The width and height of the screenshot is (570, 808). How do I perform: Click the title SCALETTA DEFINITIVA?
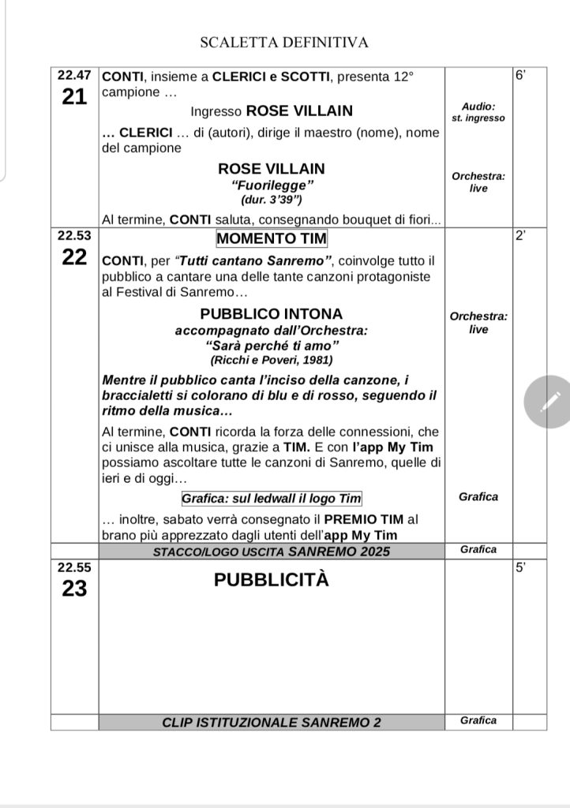click(284, 43)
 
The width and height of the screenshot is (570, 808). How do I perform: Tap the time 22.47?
click(74, 76)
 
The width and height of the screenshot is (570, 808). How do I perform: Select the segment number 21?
click(74, 98)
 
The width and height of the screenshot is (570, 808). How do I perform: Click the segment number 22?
click(74, 260)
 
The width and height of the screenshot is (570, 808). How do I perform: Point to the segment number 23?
click(74, 589)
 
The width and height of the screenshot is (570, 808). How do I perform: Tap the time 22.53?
click(74, 235)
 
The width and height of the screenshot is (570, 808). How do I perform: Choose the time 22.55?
click(74, 566)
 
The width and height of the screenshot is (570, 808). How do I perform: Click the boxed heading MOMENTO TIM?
click(271, 238)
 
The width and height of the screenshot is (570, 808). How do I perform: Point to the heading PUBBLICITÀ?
click(271, 581)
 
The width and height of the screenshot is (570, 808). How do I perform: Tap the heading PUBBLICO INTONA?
click(271, 312)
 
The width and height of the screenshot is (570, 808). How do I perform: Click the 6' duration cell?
click(520, 77)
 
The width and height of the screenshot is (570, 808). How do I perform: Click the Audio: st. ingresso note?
click(478, 111)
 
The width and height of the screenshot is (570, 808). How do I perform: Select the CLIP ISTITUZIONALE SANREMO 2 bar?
click(271, 721)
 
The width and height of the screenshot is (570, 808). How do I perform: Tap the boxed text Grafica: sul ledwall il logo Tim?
click(271, 499)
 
